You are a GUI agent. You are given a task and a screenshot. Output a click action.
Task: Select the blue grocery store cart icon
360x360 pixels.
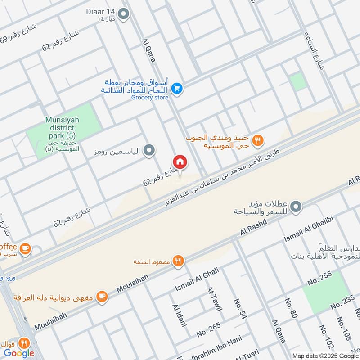[177, 88]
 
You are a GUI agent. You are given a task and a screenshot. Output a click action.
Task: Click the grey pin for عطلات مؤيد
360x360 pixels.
[296, 207]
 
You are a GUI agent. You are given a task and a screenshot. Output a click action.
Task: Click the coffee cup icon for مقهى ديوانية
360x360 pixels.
[103, 296]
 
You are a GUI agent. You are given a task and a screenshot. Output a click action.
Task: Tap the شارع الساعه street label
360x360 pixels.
[314, 50]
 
